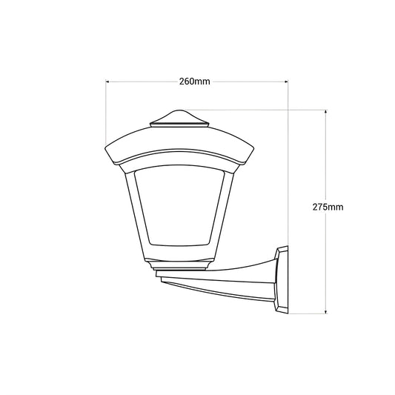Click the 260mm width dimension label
194,82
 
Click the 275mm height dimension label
328,207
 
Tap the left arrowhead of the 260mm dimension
107,82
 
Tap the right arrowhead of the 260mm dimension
286,82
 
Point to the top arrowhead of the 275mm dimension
326,112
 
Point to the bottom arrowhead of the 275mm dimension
326,312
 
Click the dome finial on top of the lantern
179,116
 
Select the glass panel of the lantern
179,205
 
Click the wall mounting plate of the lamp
282,279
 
